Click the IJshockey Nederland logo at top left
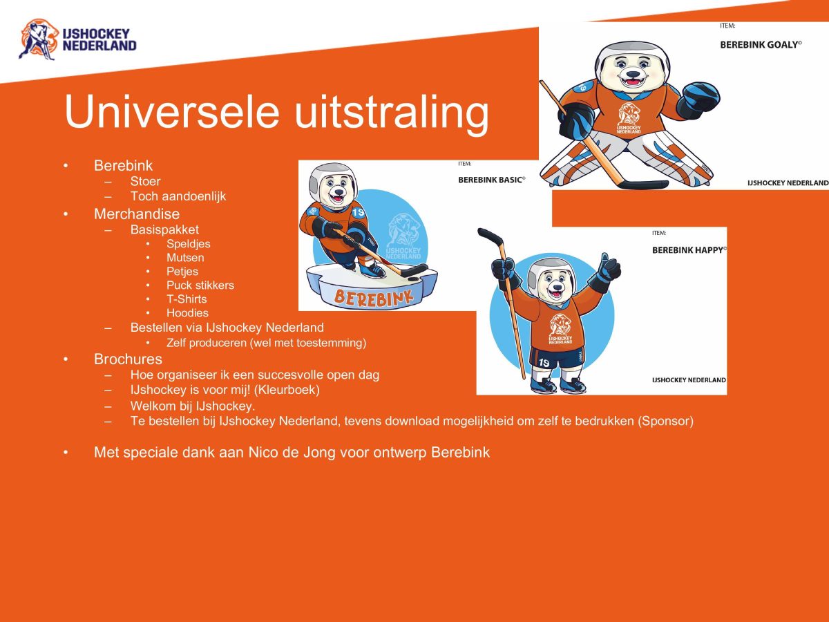77,39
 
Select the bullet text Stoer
145,181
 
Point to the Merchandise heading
137,214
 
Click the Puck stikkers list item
200,285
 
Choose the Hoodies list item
187,312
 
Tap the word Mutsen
185,257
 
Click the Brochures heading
128,359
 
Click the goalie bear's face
631,69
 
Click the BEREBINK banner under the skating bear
373,296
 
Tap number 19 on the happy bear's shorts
544,362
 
